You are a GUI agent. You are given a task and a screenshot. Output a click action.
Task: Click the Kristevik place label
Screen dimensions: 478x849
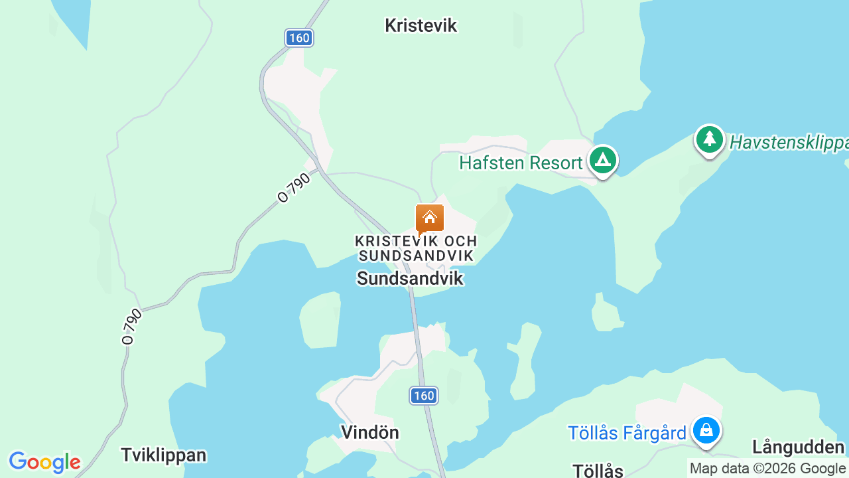coord(421,26)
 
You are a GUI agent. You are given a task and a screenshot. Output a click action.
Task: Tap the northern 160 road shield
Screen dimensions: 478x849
coord(299,38)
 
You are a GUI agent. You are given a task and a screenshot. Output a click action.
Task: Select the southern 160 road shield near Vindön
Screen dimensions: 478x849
coord(423,396)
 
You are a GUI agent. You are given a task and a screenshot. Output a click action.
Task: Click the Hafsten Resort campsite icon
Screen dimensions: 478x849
coord(602,161)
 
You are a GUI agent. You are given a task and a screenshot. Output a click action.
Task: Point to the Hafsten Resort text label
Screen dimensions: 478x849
coord(521,163)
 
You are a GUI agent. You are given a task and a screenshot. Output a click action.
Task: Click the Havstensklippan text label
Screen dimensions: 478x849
coord(789,143)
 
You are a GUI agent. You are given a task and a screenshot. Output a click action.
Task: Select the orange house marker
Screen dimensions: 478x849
coord(429,218)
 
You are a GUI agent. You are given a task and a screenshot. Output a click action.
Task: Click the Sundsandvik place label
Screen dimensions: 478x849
coord(410,278)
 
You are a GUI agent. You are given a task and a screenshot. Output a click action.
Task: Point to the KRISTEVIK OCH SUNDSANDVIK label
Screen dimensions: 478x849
coord(416,248)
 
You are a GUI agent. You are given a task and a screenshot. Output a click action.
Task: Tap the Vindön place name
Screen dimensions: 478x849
coord(370,432)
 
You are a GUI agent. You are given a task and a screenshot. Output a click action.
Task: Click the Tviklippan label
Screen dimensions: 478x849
coord(164,455)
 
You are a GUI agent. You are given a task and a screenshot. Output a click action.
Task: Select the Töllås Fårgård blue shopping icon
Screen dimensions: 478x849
coord(706,430)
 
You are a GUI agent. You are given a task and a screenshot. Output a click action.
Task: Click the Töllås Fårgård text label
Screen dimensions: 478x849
coord(627,434)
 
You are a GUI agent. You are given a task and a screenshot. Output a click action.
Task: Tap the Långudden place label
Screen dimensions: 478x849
coord(798,447)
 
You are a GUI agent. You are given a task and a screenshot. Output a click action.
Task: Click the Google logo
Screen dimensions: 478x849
coord(44,461)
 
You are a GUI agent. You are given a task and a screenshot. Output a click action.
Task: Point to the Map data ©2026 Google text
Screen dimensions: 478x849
coord(767,469)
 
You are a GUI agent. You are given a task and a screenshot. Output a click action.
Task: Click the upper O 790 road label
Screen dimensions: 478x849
coord(294,188)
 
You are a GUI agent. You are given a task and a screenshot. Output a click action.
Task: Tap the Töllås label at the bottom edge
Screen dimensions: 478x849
coord(598,471)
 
